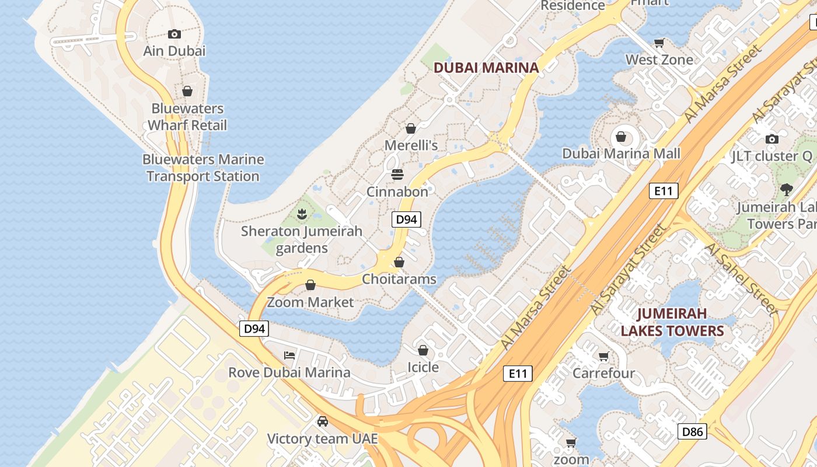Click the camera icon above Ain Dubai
tap(174, 34)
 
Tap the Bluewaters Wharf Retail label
tap(187, 117)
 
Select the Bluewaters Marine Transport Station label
tap(203, 168)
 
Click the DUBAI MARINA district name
tap(486, 68)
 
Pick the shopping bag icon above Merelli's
tap(411, 128)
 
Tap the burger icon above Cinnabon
tap(397, 175)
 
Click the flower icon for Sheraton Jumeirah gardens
tap(302, 214)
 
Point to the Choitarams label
tap(399, 279)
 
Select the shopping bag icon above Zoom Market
tap(310, 285)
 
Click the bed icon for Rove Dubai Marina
tap(289, 356)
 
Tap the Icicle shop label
tap(423, 367)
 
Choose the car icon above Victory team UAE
tap(322, 421)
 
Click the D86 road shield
tap(692, 432)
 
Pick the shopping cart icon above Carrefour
tap(603, 356)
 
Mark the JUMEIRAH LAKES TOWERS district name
tap(672, 322)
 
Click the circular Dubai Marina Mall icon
tap(621, 137)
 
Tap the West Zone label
tap(659, 60)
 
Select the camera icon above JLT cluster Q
tap(772, 139)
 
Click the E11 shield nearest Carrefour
tap(518, 374)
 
